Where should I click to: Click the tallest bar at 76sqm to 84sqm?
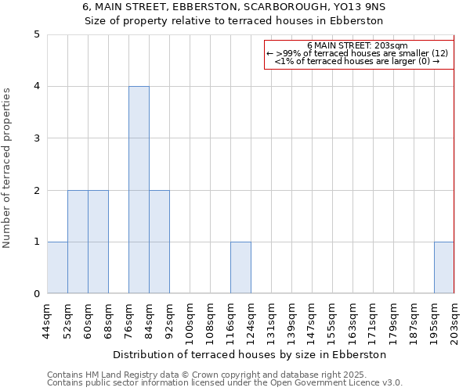(139, 190)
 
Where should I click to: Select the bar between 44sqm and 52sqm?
(57, 267)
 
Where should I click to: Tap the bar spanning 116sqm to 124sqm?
(240, 267)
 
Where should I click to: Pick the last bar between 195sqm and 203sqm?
(444, 267)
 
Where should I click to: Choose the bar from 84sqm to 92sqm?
(159, 242)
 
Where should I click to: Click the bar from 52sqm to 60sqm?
(78, 242)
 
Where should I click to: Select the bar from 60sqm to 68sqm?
(98, 242)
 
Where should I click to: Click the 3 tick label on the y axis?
(36, 138)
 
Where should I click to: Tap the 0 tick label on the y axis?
(36, 294)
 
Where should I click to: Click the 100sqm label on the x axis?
(190, 321)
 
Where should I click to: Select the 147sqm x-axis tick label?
(313, 321)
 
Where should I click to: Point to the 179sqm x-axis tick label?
(394, 321)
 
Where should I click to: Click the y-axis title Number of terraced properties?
(7, 168)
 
